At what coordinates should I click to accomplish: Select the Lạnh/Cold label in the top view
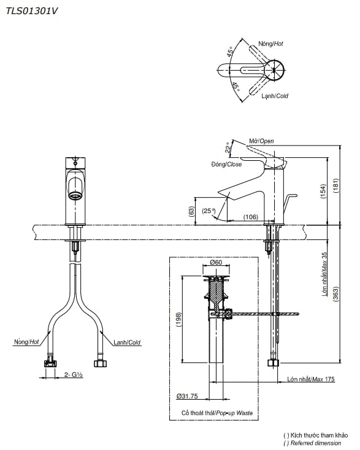click(274, 96)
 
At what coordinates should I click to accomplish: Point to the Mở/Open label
click(261, 141)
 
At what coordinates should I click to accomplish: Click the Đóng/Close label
click(226, 164)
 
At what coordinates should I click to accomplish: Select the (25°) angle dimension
click(209, 211)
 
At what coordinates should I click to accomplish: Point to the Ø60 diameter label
click(216, 263)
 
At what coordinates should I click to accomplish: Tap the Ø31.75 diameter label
click(188, 395)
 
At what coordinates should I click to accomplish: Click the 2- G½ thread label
click(72, 374)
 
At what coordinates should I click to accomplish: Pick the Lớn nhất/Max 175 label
click(311, 379)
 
